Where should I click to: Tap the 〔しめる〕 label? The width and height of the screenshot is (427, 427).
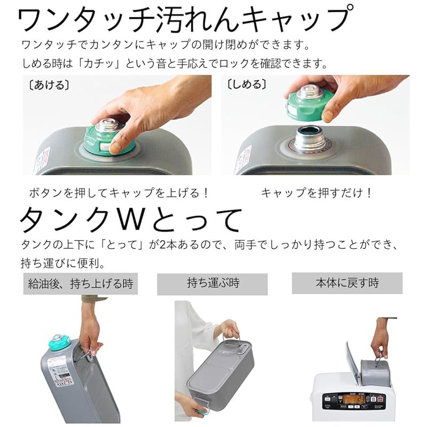247,84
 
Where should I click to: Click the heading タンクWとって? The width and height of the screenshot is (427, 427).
131,220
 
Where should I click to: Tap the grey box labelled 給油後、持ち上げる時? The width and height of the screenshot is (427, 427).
81,283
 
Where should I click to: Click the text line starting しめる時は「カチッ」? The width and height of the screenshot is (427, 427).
174,64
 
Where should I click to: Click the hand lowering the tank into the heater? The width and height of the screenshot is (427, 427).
380,336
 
